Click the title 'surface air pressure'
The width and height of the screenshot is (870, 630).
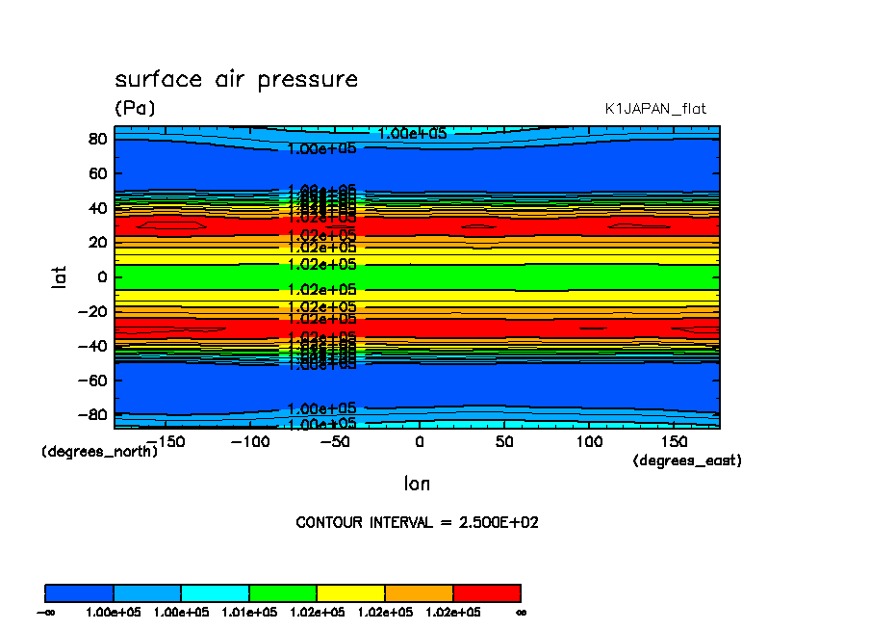point(236,80)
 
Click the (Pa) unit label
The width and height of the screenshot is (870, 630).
point(135,109)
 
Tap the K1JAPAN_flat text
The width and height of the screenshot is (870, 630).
point(655,109)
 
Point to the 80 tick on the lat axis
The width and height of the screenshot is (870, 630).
point(96,139)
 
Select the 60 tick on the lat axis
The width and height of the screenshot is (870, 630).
point(96,173)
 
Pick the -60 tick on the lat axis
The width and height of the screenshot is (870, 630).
point(92,380)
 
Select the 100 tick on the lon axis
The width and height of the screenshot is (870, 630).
point(589,441)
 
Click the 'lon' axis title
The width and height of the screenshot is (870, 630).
point(417,484)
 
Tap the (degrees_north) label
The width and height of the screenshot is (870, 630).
point(99,451)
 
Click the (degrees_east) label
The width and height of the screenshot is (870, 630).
point(687,461)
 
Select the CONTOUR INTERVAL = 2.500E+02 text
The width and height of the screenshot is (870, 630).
point(417,523)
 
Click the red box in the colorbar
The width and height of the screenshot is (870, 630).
point(486,592)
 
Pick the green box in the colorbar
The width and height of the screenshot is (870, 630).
point(283,592)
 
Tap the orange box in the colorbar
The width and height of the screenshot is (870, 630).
point(419,592)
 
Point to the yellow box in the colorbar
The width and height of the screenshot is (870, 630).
point(350,592)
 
